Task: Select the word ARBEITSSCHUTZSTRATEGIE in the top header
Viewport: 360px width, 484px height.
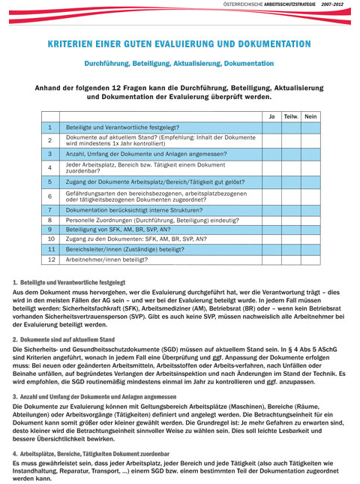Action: tap(286, 5)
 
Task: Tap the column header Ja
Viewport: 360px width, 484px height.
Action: tap(271, 116)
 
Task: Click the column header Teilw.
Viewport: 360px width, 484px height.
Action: tap(291, 116)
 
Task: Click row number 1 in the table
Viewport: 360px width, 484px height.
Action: tap(49, 128)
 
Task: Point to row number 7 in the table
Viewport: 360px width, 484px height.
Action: tap(49, 210)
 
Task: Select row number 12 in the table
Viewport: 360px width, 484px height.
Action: tap(49, 259)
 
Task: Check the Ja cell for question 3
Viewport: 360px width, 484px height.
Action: tap(271, 153)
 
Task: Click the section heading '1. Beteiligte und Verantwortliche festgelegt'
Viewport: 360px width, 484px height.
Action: tap(69, 282)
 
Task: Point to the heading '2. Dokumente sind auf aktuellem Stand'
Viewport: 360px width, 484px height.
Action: tap(63, 339)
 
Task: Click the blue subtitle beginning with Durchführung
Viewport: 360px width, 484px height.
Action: tap(178, 64)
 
